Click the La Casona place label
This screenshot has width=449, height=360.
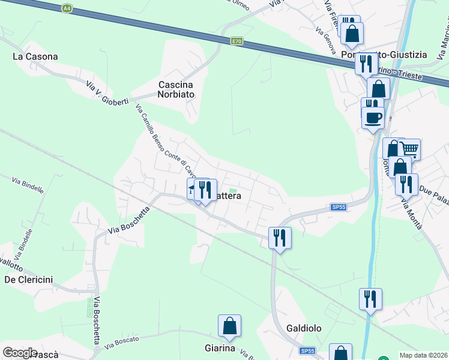click(35, 56)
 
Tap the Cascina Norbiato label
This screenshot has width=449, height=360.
click(179, 89)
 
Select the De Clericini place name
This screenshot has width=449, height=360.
click(28, 279)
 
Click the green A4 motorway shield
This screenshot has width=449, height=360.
click(66, 8)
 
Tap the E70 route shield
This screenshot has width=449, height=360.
click(238, 41)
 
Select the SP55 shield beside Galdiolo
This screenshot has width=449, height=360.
click(307, 350)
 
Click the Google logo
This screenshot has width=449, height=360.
click(20, 352)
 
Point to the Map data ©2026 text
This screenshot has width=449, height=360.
click(424, 355)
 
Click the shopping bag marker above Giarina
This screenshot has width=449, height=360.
click(229, 326)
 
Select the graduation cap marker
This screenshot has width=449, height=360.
click(193, 188)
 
